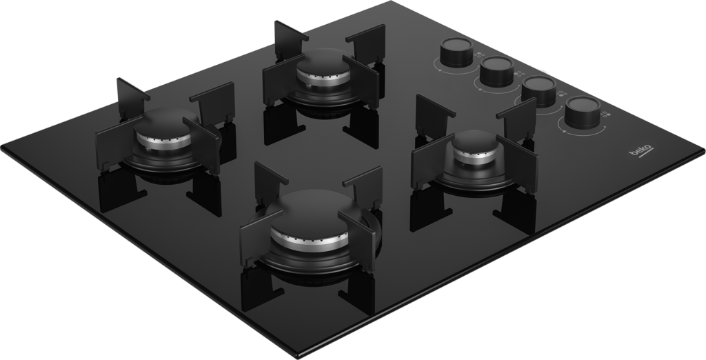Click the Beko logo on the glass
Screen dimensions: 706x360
coord(641,151)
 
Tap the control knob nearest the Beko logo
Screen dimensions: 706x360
coord(582,112)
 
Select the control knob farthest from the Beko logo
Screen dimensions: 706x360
coord(456,52)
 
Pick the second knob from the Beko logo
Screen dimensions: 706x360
coord(539,91)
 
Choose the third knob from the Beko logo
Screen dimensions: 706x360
coord(496,71)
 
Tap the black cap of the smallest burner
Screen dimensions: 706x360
coord(474,141)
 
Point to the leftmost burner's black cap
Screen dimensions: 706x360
coord(165,123)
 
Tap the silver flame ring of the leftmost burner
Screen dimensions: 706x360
coord(163,142)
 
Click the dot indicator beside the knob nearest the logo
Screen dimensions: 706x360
coord(605,114)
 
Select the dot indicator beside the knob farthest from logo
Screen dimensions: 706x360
coord(479,56)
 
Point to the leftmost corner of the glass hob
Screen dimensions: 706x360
coord(2,148)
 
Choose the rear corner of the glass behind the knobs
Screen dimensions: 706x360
coord(391,2)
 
